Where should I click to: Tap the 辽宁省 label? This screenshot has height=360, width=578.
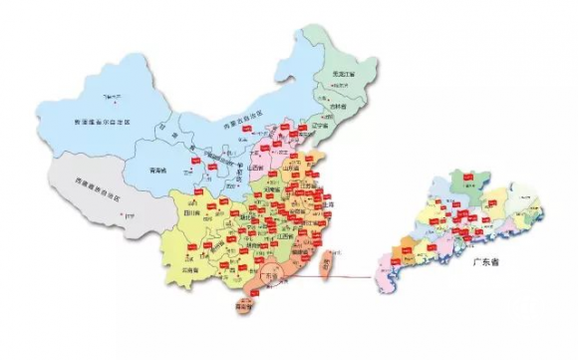319,128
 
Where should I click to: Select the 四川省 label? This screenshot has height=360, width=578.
190,213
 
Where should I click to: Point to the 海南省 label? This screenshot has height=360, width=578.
242,309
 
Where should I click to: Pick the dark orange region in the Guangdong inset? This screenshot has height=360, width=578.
409,249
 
